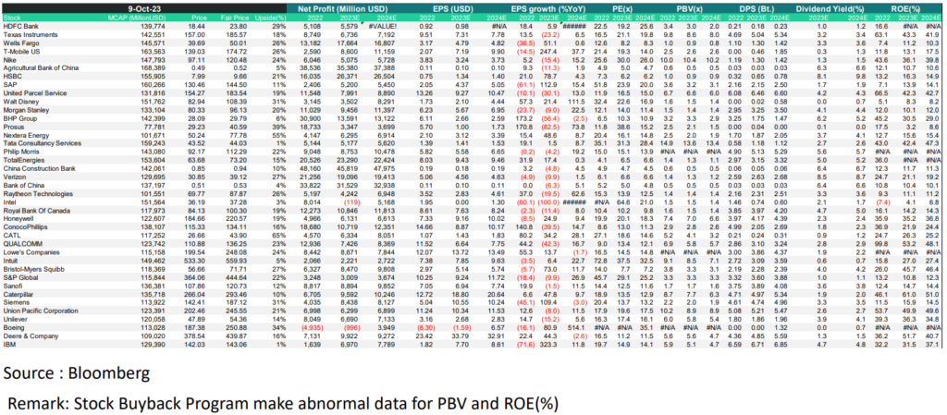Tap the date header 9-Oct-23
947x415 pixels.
click(x=149, y=8)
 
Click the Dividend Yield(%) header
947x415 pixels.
click(x=855, y=8)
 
